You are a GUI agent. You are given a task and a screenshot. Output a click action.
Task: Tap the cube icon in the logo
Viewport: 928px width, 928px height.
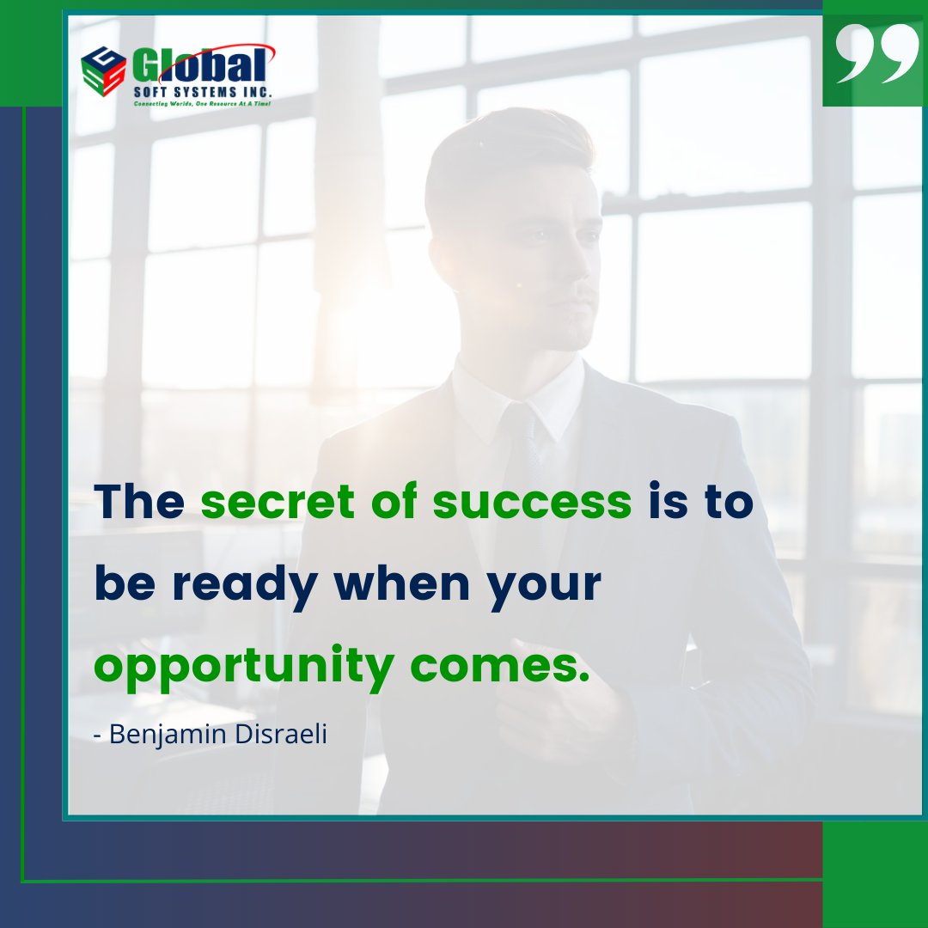pyautogui.click(x=103, y=69)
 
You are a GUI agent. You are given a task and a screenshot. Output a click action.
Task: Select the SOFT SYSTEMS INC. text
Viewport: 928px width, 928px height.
pyautogui.click(x=203, y=91)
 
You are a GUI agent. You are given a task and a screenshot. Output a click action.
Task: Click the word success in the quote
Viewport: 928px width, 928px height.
pyautogui.click(x=532, y=502)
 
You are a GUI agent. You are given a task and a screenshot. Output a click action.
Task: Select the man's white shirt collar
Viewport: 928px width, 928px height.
pyautogui.click(x=481, y=395)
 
